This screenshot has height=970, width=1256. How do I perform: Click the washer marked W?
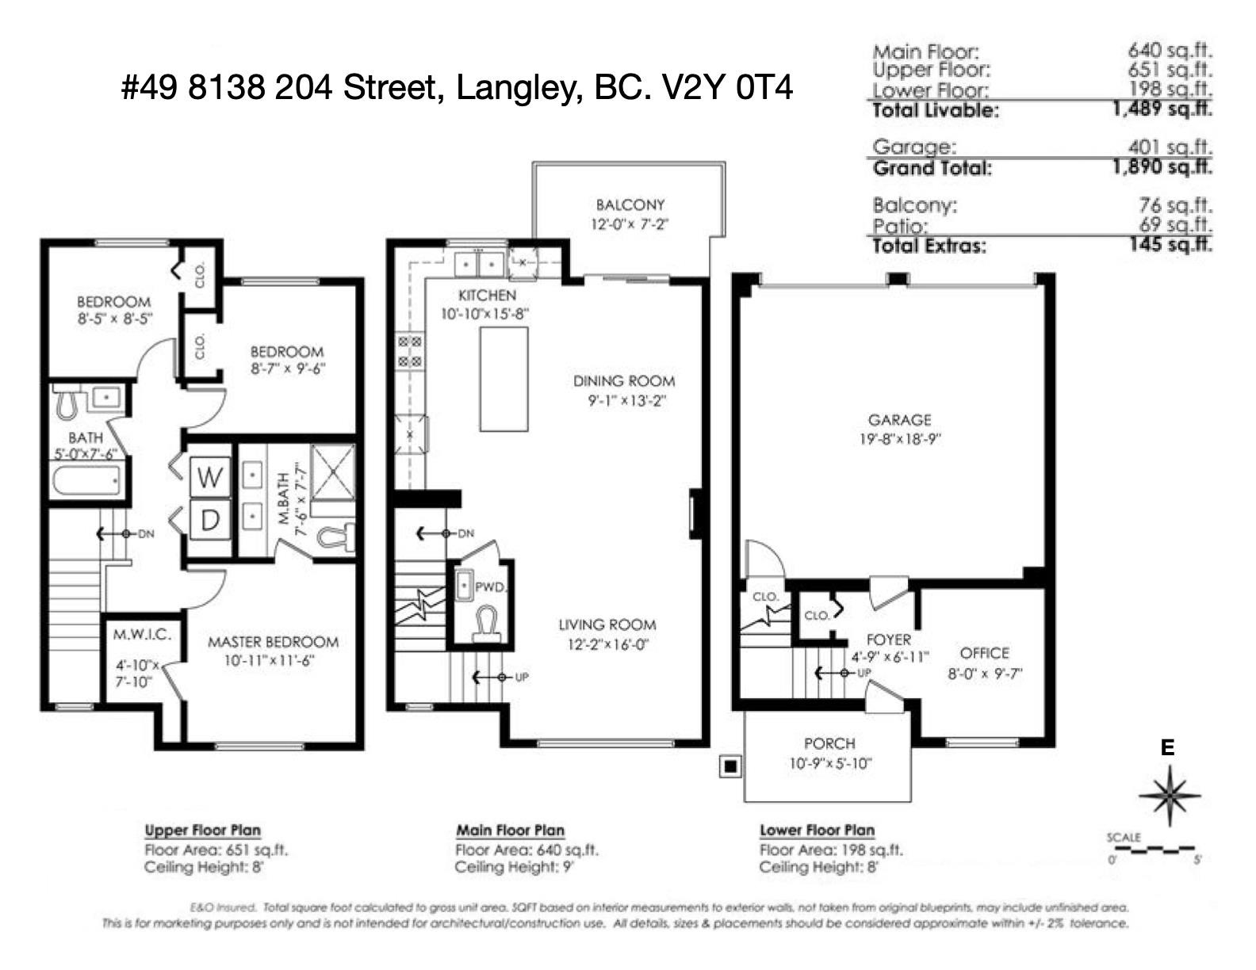click(210, 477)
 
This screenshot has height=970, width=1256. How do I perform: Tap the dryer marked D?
click(210, 520)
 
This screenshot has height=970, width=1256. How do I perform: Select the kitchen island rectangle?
click(504, 379)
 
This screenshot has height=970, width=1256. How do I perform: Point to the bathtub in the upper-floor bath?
click(87, 479)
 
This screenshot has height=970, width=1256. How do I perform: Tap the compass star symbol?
click(1168, 795)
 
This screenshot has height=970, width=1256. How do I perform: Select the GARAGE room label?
click(899, 420)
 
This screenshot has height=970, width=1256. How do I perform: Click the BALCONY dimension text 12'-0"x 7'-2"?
click(630, 224)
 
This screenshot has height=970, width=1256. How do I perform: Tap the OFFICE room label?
click(984, 653)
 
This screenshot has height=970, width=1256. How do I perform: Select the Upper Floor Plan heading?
click(202, 831)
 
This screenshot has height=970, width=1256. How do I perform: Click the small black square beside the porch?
click(730, 766)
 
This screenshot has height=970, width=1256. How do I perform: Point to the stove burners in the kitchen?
click(409, 352)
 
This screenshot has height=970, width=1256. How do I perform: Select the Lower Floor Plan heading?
click(817, 831)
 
